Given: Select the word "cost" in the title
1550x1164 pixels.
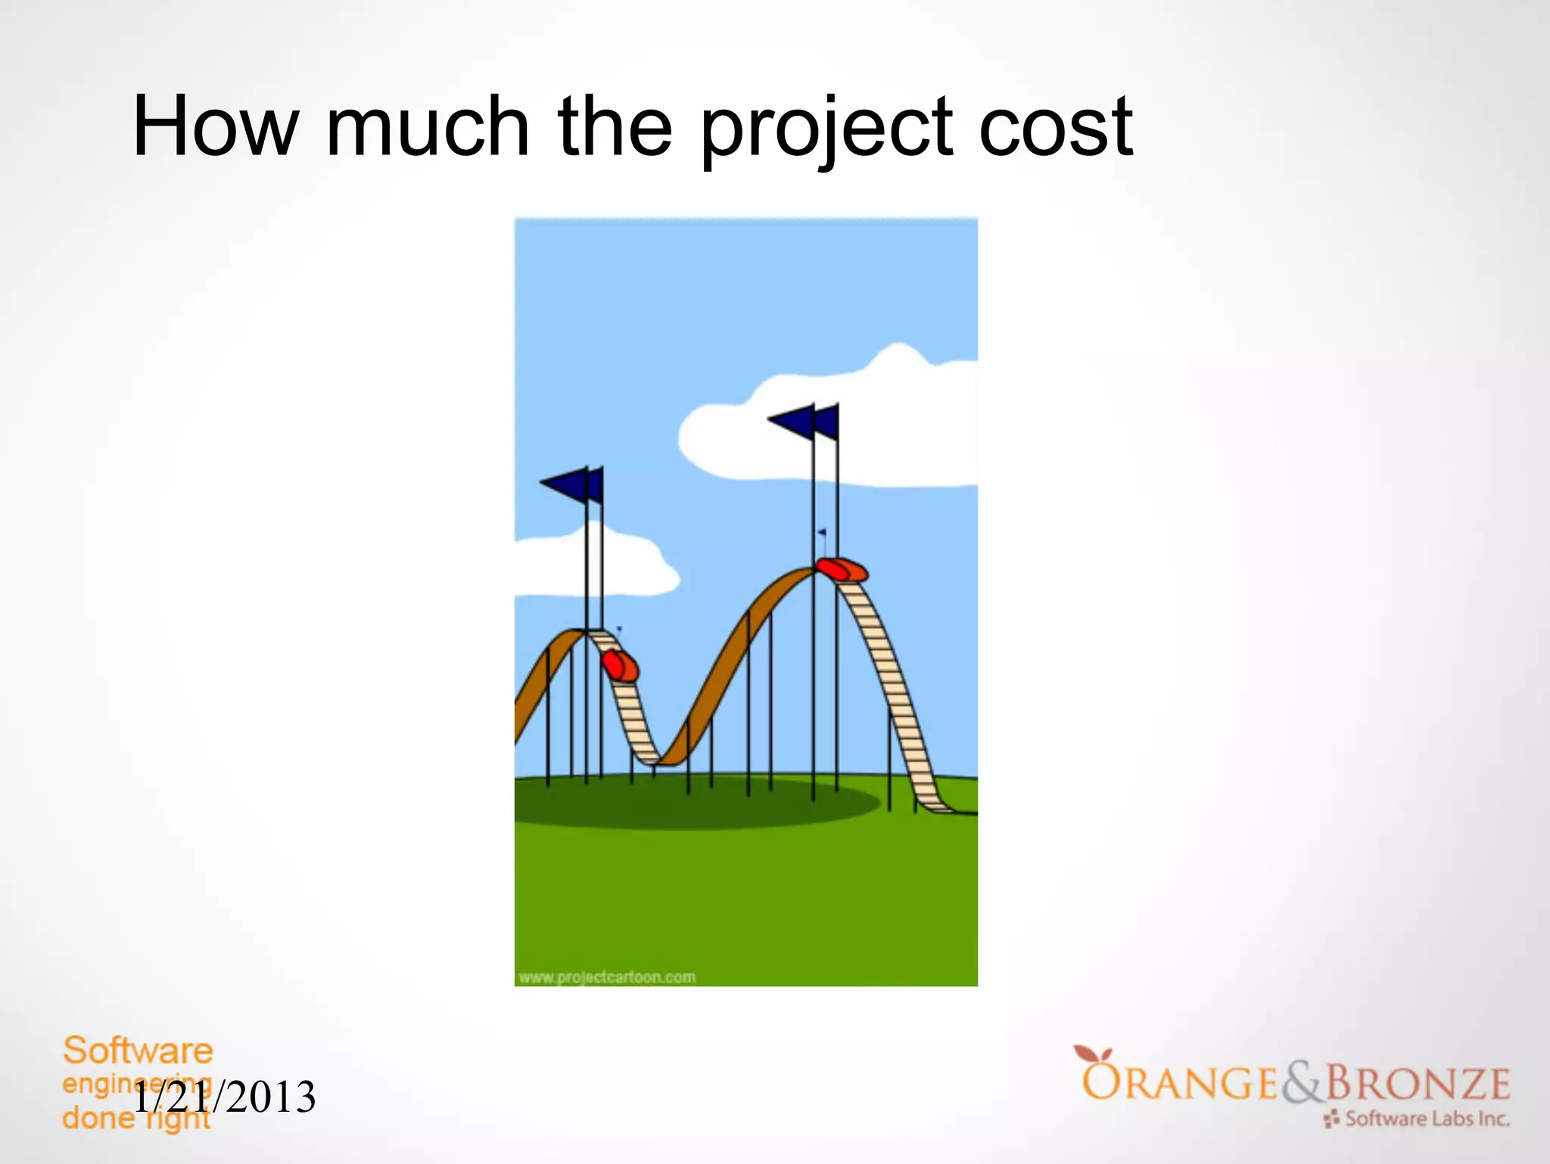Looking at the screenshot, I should point(1055,129).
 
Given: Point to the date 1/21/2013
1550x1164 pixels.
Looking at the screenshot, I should point(225,1098).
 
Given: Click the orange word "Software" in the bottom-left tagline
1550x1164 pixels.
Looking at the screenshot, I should point(138,1050).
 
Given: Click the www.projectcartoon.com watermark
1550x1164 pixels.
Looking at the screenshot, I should point(607,977).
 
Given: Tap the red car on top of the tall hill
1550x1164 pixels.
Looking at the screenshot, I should point(841,569).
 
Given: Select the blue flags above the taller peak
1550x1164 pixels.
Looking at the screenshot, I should point(805,422).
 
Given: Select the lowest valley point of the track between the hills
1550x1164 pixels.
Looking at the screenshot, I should point(666,761).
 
